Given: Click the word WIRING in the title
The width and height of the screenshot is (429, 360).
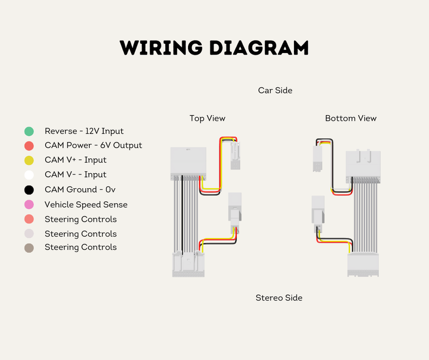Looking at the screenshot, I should coord(160,48).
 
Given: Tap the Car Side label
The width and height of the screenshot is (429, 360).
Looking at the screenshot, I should coord(275,91).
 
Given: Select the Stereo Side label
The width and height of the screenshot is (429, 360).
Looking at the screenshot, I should coord(279,298).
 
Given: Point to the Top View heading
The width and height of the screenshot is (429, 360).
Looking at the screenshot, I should coord(207,118).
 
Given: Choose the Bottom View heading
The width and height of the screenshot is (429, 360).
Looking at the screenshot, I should coord(350,118).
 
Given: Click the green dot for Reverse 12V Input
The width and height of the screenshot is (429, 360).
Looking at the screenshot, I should coord(29,132).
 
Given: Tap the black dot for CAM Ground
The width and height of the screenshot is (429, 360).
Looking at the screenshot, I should coord(29,190).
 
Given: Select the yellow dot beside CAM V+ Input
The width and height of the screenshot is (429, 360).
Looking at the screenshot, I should coord(29,160).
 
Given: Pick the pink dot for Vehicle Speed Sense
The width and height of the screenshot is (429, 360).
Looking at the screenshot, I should coord(29,205).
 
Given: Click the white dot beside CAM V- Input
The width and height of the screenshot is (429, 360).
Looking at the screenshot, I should coord(29,175).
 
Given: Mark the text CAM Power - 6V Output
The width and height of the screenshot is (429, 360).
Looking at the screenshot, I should coord(93,146).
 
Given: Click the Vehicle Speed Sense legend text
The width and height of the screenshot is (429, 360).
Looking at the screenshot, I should coord(86,205).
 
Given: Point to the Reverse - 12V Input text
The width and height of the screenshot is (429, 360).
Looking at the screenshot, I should coord(84,132).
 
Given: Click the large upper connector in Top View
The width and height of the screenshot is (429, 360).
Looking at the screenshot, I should coord(189,163).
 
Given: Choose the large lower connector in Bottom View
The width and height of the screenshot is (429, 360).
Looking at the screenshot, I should coord(363,264).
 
